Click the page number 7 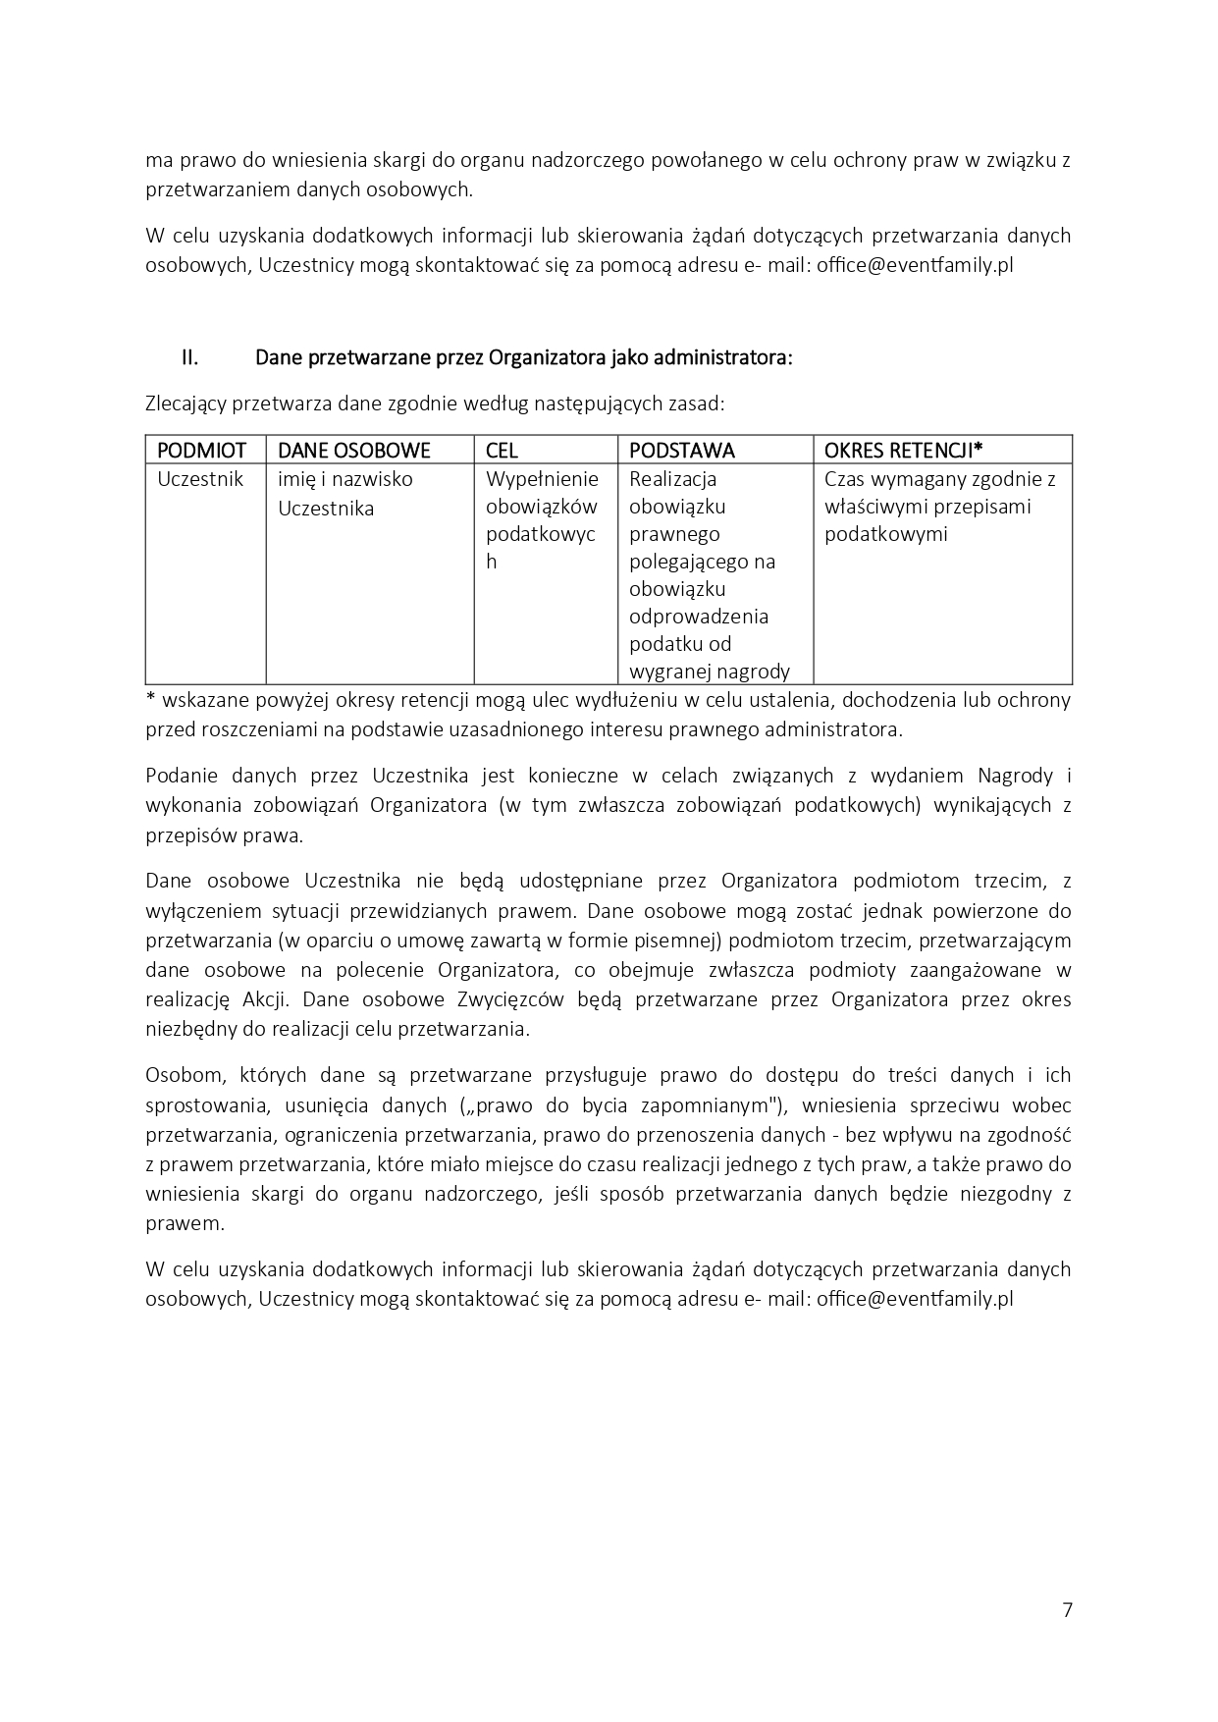1067,1609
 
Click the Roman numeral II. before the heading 189,357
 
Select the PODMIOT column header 201,450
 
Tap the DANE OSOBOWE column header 354,450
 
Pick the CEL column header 502,450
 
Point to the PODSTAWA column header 681,450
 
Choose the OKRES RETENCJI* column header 903,450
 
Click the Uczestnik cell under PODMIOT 200,479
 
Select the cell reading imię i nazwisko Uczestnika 344,494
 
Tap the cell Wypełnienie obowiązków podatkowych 542,520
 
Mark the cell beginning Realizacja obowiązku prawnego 709,575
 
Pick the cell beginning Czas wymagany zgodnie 939,507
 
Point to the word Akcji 265,999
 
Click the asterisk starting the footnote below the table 150,698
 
